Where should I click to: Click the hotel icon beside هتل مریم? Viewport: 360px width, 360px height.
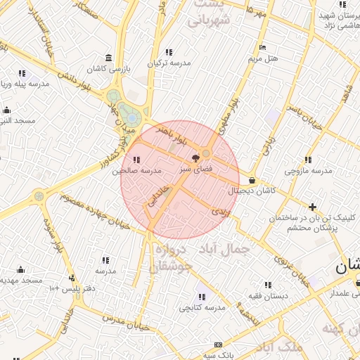click(x=262, y=48)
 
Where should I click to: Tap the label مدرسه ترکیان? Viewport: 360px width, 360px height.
click(x=169, y=63)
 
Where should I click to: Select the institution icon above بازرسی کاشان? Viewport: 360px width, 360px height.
click(x=107, y=58)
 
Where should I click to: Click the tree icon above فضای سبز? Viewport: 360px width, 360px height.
click(x=195, y=158)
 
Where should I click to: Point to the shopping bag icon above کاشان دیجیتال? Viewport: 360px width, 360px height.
click(x=252, y=180)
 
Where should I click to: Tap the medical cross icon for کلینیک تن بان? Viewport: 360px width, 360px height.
click(x=312, y=206)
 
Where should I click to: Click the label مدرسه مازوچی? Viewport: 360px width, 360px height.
click(x=308, y=171)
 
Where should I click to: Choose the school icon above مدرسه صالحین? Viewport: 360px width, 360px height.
click(x=136, y=160)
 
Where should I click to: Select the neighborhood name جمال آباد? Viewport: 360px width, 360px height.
click(x=224, y=249)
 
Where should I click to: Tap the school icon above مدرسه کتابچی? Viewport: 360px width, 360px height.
click(x=202, y=297)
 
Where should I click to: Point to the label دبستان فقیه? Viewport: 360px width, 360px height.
click(x=267, y=296)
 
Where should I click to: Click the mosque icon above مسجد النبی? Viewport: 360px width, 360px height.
click(x=7, y=110)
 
